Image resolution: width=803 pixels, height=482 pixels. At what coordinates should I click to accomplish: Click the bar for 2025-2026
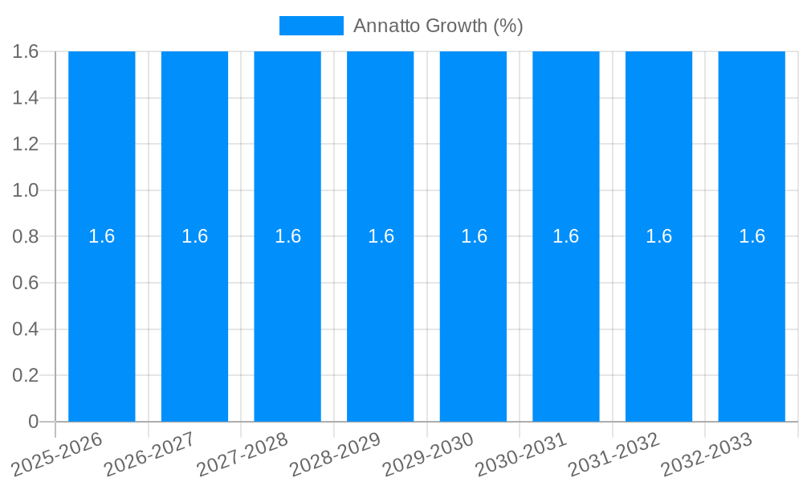[x=101, y=321]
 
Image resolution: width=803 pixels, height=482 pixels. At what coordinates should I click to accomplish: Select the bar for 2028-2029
[x=380, y=321]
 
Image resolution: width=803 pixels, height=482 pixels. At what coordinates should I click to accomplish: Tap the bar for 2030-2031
[x=566, y=321]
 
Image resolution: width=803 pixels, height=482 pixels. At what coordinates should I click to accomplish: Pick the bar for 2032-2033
[x=752, y=321]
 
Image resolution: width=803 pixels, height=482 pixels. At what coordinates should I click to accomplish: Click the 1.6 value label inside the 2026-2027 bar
[x=194, y=236]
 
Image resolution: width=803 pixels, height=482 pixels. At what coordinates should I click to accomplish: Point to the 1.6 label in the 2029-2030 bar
[x=474, y=236]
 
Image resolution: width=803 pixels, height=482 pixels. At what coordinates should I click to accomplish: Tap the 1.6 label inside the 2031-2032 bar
[x=659, y=236]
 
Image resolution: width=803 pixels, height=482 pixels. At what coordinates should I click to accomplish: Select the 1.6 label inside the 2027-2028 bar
[x=287, y=236]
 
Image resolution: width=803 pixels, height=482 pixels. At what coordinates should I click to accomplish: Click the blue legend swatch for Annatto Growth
[x=311, y=26]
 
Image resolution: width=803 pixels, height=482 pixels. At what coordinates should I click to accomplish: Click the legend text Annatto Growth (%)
[x=438, y=26]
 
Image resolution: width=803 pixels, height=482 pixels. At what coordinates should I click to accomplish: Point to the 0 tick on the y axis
[x=33, y=422]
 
